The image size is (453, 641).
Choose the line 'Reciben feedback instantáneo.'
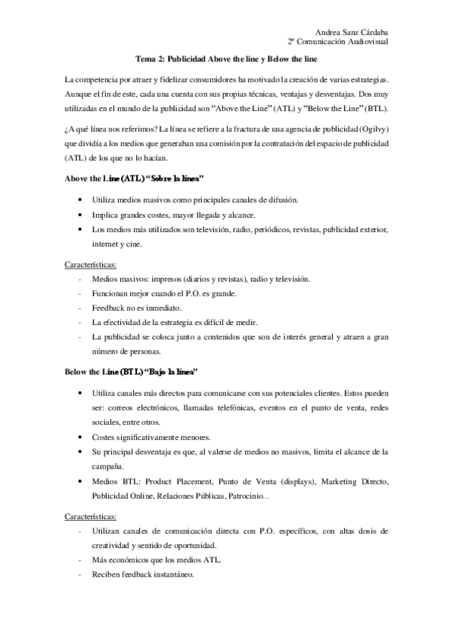pos(142,574)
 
